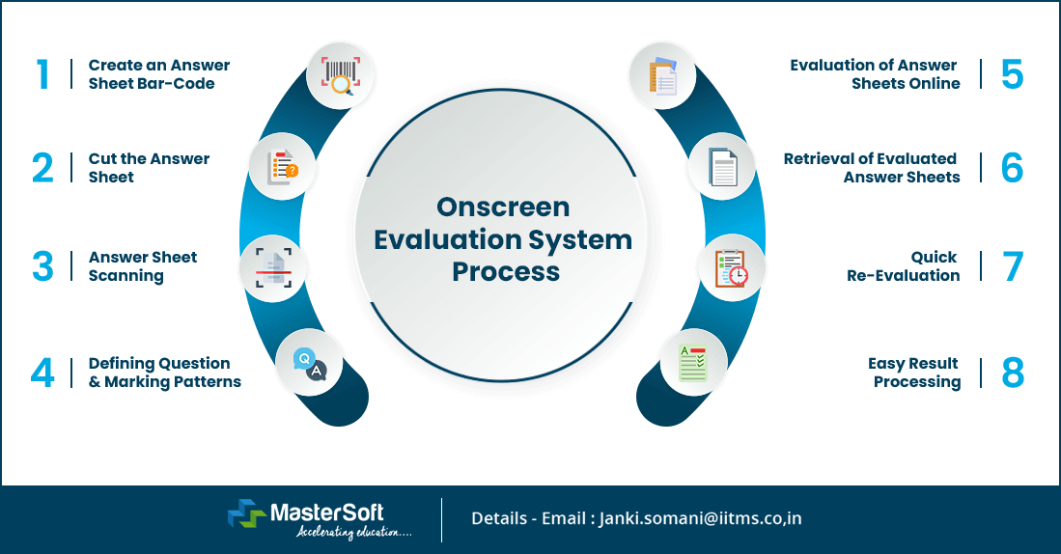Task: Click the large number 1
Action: [42, 74]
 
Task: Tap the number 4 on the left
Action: [42, 374]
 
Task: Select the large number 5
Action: [1012, 74]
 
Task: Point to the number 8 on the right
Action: [1012, 374]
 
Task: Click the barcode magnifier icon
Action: [340, 75]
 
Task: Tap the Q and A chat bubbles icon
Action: [309, 363]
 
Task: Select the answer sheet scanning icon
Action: [273, 267]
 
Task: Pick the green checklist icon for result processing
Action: [692, 363]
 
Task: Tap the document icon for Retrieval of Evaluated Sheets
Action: [722, 167]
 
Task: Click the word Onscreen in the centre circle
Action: [503, 207]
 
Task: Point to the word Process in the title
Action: [506, 271]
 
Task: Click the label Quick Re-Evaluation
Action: [904, 266]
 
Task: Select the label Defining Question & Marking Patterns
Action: [164, 373]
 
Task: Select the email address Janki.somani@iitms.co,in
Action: [700, 518]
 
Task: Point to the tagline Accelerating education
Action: [353, 532]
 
